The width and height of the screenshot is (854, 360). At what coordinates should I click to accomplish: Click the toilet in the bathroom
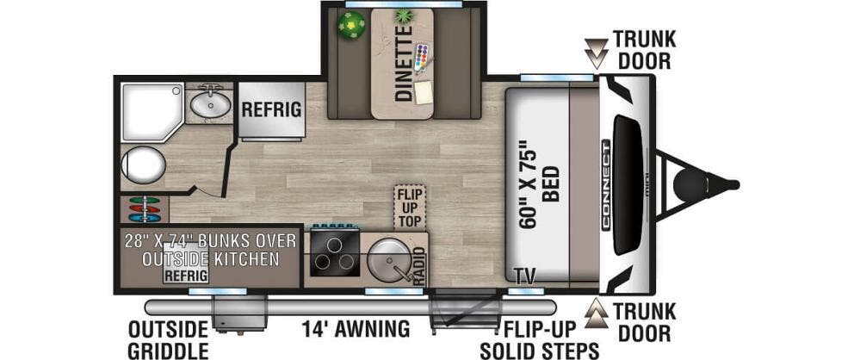point(143,165)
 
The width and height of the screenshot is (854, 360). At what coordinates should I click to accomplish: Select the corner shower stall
point(152,112)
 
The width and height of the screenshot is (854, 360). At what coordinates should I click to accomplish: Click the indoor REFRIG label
point(271,109)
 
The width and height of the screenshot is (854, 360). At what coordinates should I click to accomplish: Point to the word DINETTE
point(404,64)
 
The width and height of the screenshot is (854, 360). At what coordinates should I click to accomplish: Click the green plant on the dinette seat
point(351,25)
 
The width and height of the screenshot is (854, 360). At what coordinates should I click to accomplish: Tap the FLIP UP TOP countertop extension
point(410,208)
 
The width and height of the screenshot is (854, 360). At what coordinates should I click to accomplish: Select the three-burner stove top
point(334,254)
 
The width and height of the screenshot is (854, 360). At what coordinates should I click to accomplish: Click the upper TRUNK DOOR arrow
point(597,53)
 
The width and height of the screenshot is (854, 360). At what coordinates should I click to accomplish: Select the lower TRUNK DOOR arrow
point(597,313)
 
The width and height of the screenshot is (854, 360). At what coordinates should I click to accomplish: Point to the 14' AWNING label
point(356,329)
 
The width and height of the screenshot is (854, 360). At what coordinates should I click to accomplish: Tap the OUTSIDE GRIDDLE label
point(168,339)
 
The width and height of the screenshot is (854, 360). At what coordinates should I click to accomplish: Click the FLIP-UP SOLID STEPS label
point(539,339)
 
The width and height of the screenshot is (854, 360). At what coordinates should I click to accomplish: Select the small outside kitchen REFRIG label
point(186,275)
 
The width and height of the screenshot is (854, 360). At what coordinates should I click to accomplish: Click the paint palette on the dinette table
point(422,58)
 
